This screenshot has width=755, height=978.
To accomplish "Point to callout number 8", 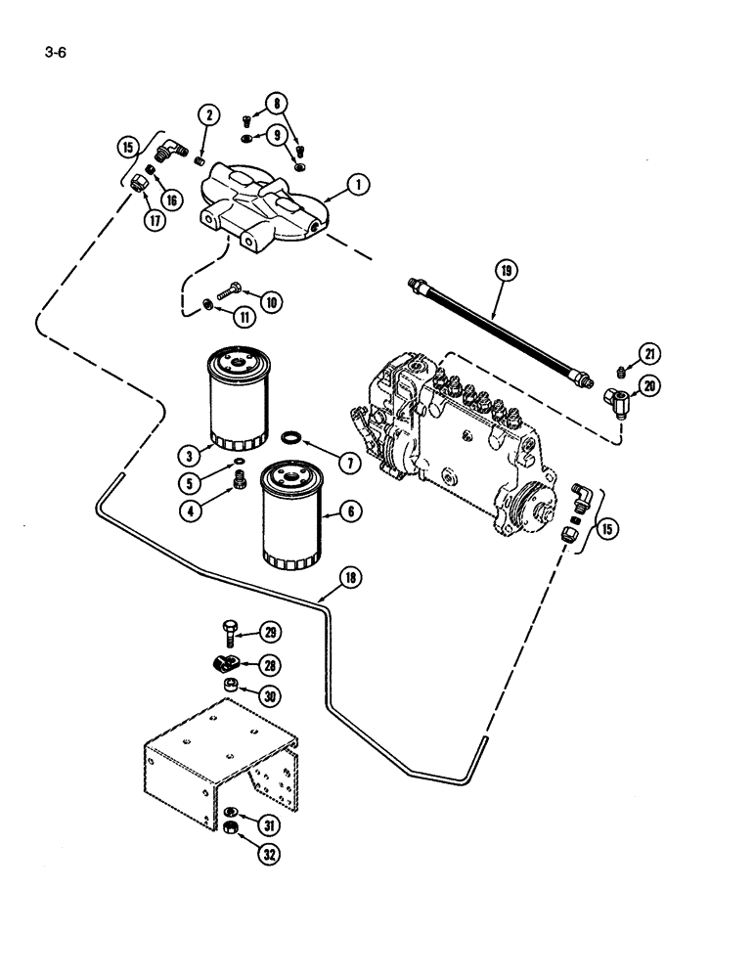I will coord(282,101).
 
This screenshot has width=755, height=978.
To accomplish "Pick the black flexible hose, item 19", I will coord(499,333).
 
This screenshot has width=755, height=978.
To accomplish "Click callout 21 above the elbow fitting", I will coord(650,353).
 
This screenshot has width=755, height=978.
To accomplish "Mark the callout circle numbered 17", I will coord(154,220).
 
